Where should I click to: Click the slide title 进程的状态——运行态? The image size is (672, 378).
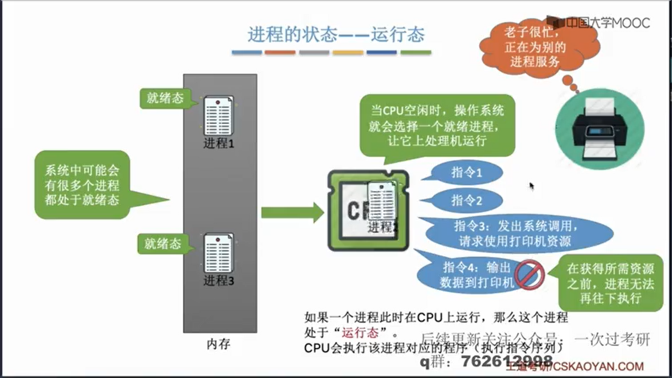click(x=336, y=35)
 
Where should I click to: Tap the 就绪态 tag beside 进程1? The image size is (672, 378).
click(x=164, y=98)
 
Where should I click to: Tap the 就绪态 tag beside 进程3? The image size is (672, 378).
click(x=163, y=244)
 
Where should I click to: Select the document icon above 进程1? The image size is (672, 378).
click(x=218, y=115)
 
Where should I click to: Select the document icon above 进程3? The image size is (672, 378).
click(x=218, y=253)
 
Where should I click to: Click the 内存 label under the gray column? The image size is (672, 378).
click(x=218, y=344)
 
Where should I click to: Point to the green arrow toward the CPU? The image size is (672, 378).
click(x=292, y=212)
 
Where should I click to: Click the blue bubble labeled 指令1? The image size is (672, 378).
click(x=467, y=173)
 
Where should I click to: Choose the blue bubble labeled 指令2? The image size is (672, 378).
click(x=467, y=201)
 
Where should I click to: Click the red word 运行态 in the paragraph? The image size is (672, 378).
click(x=360, y=332)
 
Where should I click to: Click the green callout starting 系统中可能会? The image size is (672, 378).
click(x=82, y=185)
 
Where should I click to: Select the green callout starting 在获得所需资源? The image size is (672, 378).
click(x=610, y=283)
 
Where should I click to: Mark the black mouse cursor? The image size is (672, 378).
click(x=532, y=186)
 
